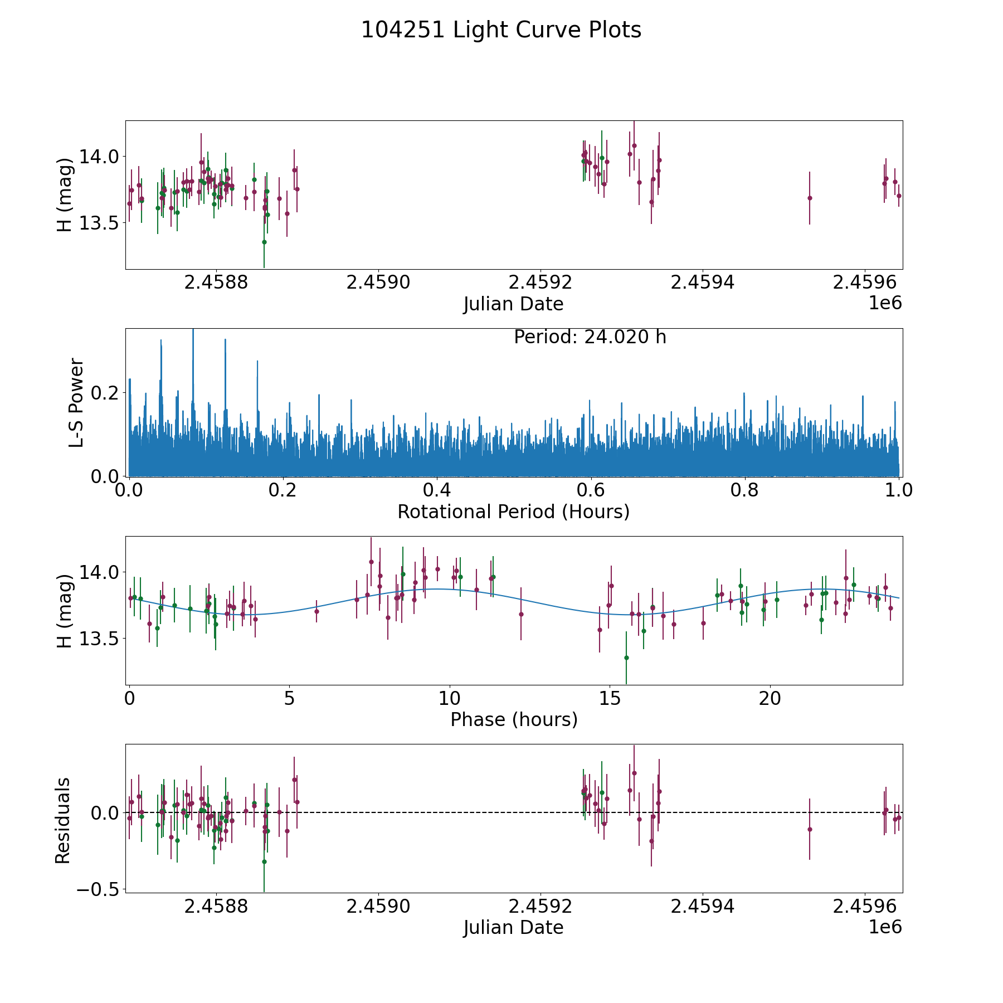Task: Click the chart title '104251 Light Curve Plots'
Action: pos(501,30)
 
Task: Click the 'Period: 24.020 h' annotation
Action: pos(590,337)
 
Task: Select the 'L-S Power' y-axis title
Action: pos(76,402)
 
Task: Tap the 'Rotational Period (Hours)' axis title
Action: pos(513,512)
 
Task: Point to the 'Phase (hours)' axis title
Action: pos(513,719)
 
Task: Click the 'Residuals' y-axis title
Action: pos(63,820)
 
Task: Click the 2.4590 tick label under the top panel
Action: pos(378,283)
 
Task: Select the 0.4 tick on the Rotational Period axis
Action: pos(437,491)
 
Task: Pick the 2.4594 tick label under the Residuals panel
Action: pos(702,907)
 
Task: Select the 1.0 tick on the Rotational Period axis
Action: pos(898,491)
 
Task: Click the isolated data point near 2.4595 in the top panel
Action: pos(810,198)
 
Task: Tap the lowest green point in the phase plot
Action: pos(626,658)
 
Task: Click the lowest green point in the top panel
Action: pos(264,242)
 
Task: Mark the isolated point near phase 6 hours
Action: pos(317,611)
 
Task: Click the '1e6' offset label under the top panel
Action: pos(885,303)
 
